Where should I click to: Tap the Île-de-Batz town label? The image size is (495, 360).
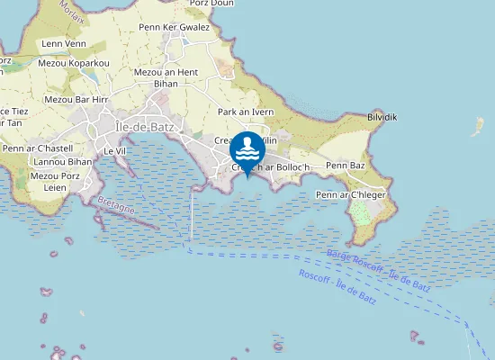click(x=145, y=127)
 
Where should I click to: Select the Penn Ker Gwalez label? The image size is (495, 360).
click(x=174, y=27)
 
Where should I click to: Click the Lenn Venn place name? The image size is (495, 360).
click(x=64, y=43)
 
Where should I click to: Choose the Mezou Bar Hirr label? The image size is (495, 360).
click(x=76, y=99)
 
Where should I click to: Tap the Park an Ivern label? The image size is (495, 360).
click(x=246, y=112)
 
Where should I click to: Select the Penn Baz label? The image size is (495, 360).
click(x=346, y=166)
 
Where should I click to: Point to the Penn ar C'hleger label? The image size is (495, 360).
click(x=351, y=194)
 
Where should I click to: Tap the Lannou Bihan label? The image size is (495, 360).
click(x=63, y=162)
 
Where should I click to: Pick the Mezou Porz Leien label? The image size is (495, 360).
click(x=56, y=181)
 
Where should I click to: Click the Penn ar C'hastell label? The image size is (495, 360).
click(x=37, y=148)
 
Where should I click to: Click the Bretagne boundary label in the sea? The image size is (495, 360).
click(x=115, y=210)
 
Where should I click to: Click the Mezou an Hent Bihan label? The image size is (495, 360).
click(x=166, y=77)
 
